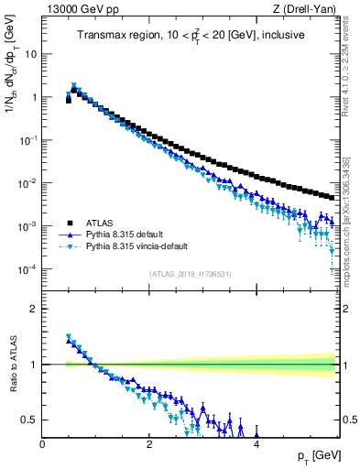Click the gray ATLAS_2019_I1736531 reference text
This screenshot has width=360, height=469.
coord(190,274)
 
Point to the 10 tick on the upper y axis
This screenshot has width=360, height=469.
coord(31,53)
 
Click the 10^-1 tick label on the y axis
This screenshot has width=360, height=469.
coord(28,139)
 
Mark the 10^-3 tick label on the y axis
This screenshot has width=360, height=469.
coord(28,225)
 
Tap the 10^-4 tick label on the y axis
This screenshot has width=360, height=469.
coord(28,268)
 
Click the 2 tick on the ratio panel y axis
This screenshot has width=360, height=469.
coord(34,308)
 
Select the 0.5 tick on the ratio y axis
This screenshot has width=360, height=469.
coord(29,420)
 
